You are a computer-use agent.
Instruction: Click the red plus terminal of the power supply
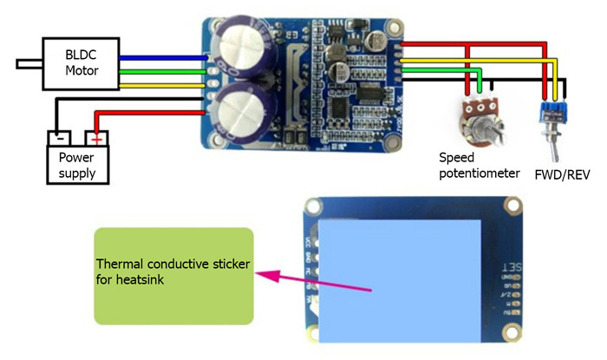97,137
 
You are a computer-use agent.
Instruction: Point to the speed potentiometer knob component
476,115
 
